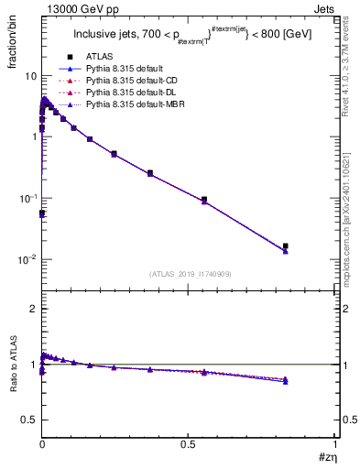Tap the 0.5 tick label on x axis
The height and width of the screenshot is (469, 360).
point(188,443)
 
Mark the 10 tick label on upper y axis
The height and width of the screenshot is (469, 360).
point(28,75)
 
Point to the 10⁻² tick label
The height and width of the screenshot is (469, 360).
point(26,259)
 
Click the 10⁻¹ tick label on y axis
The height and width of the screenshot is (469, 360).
point(26,198)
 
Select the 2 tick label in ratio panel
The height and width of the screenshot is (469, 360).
point(33,309)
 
